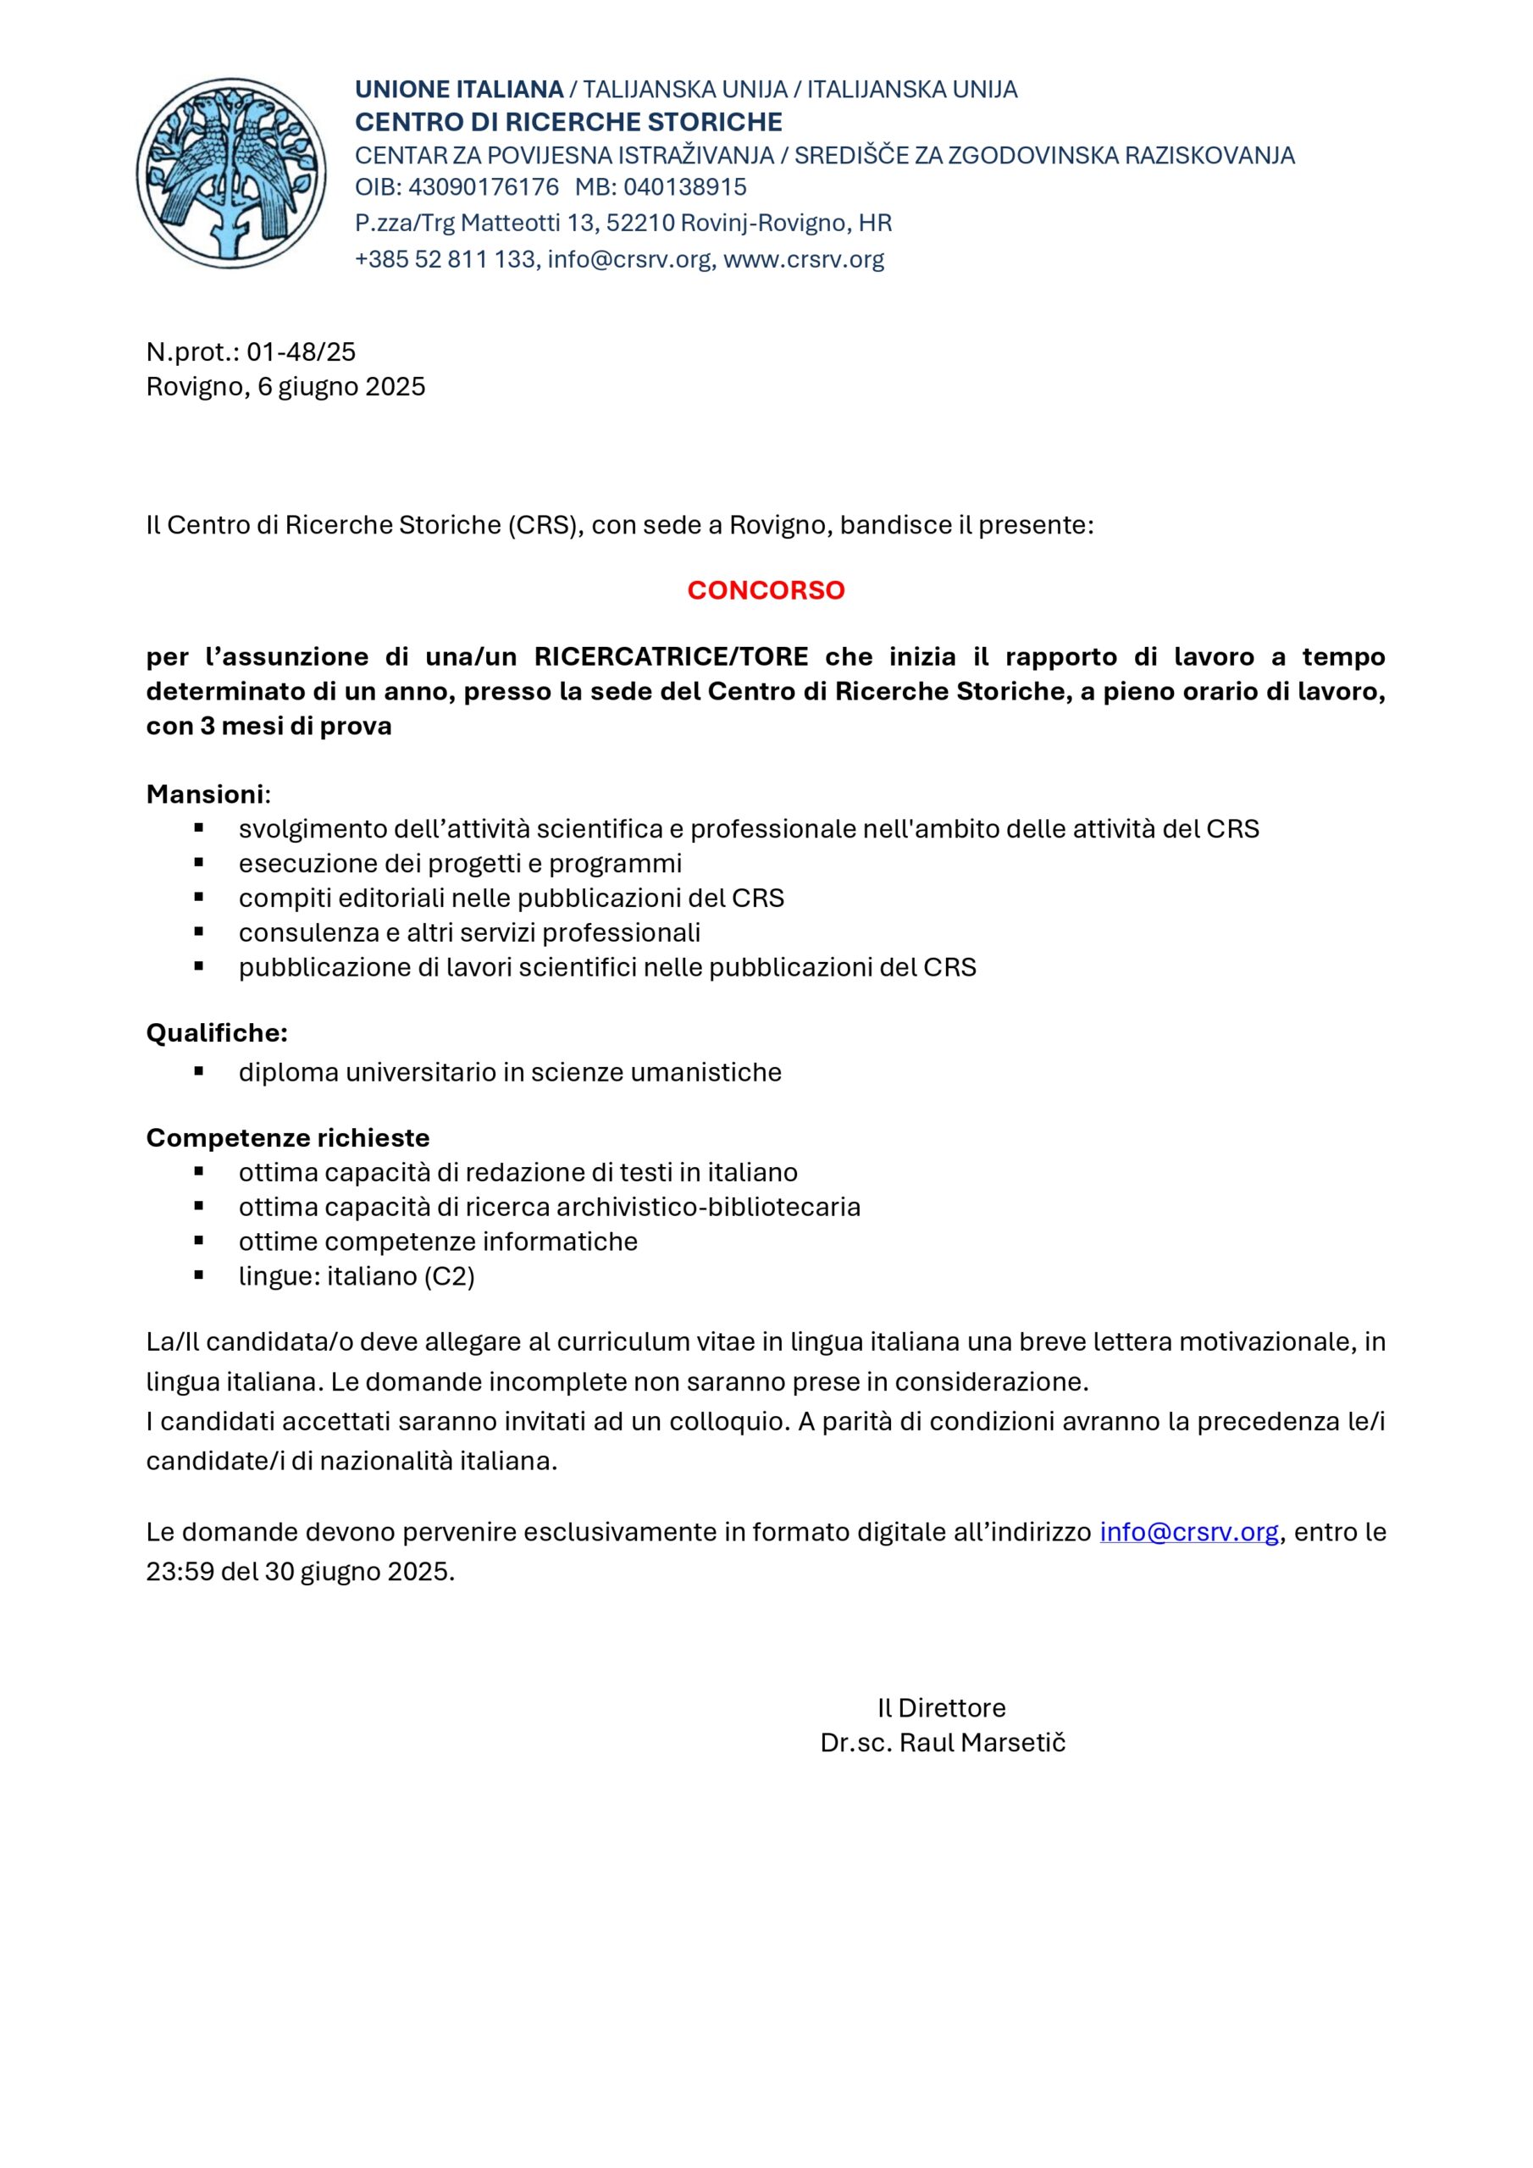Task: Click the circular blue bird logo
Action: click(230, 173)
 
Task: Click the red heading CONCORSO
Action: click(765, 590)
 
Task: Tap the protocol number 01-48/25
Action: click(301, 352)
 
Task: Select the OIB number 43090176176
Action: click(483, 187)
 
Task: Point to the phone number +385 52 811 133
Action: click(445, 260)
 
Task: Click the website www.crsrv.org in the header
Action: click(803, 260)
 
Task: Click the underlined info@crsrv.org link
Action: click(1188, 1532)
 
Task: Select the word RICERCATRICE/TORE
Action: click(671, 656)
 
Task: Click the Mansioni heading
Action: click(205, 794)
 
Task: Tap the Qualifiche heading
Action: click(216, 1033)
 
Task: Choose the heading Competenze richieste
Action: click(287, 1138)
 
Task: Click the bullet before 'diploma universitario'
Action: click(199, 1072)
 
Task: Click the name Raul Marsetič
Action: click(982, 1743)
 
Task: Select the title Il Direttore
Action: click(941, 1708)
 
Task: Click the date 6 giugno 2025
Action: click(341, 387)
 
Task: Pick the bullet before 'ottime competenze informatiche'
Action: click(199, 1241)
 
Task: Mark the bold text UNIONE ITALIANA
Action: click(459, 90)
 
